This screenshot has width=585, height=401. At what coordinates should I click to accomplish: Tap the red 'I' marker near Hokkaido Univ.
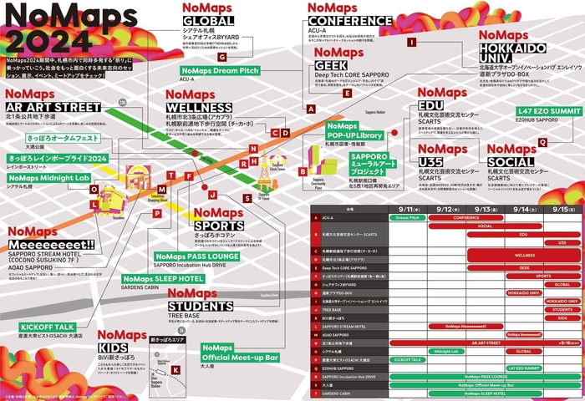(411, 41)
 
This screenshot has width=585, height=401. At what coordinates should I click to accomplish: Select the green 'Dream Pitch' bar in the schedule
(408, 217)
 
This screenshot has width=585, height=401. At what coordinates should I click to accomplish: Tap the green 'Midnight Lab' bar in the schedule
(448, 352)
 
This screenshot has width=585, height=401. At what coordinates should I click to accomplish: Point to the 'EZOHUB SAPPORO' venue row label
(338, 368)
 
